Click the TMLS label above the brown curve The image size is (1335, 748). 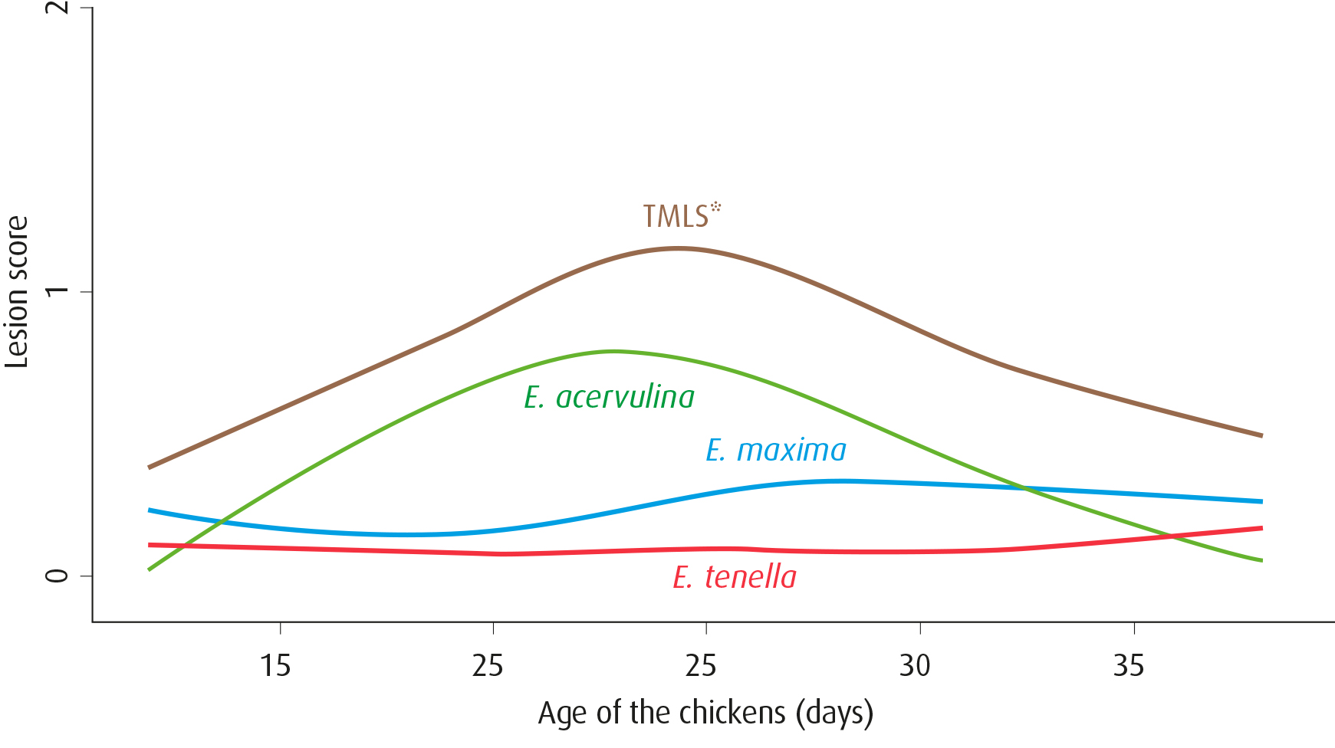676,217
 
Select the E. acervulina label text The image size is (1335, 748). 609,397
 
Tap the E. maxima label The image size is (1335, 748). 775,450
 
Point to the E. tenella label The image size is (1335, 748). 734,577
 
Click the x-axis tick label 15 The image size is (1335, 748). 275,665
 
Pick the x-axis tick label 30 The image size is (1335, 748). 914,665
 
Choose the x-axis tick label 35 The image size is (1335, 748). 1128,665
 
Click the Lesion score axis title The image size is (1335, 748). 17,292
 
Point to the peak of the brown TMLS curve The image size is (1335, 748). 678,248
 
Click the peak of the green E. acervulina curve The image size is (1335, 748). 613,351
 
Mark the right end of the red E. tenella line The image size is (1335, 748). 1261,528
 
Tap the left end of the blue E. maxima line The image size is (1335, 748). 150,510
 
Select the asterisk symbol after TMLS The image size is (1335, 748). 715,206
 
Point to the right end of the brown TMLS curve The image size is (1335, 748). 1261,435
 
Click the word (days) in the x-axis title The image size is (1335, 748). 834,713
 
